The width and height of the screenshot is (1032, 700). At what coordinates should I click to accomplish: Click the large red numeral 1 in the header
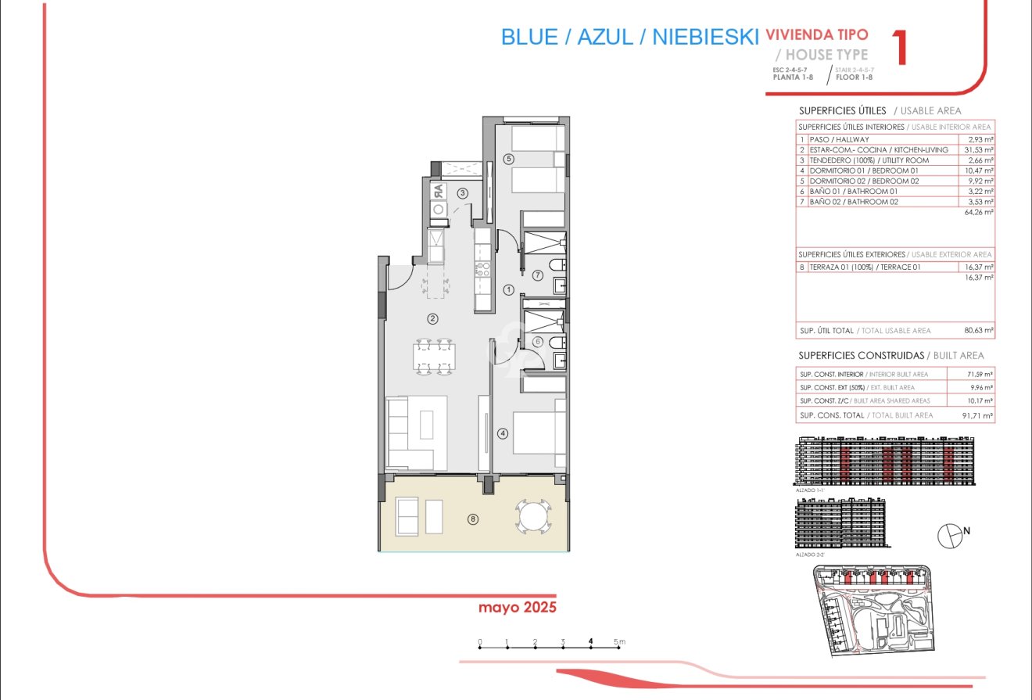point(900,48)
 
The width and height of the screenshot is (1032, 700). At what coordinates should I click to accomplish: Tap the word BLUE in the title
point(529,37)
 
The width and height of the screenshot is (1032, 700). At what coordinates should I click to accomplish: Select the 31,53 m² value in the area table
point(980,149)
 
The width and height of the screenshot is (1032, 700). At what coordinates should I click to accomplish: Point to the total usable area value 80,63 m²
point(978,331)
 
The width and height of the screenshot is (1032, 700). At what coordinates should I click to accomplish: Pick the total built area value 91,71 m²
point(978,415)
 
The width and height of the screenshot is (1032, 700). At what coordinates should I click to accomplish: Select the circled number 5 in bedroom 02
point(508,159)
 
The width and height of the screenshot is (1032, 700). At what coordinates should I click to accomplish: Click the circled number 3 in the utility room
point(463,193)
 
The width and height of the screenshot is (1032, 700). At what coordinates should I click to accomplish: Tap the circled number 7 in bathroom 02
point(538,275)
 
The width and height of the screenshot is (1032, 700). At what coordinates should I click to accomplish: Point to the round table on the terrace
point(533,517)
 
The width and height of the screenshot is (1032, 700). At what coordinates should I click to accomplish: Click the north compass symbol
point(950,535)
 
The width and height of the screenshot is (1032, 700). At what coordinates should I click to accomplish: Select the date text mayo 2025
point(517,607)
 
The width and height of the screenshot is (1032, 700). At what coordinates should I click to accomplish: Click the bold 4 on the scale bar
point(591,642)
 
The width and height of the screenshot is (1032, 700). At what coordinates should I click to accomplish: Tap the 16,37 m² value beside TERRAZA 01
point(980,267)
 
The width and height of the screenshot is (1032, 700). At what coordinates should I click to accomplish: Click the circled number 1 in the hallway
point(508,290)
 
